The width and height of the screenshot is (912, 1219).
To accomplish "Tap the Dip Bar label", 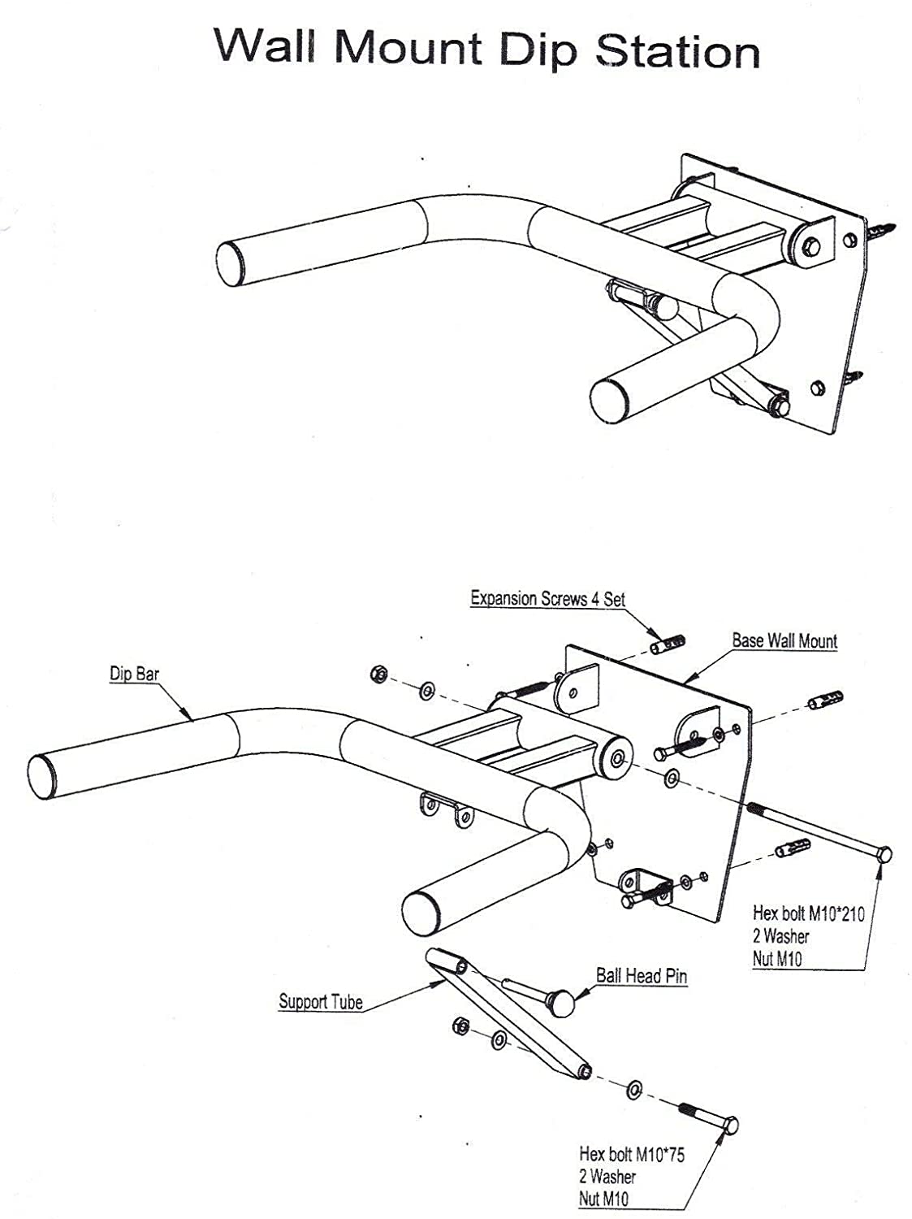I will [134, 674].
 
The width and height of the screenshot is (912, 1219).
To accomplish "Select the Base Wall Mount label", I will [784, 640].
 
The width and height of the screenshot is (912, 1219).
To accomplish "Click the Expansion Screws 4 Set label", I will [547, 599].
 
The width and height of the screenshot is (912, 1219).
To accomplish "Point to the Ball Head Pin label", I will [641, 975].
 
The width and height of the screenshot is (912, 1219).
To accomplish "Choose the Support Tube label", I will [320, 1001].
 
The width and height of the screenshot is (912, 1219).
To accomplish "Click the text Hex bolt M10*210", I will [808, 913].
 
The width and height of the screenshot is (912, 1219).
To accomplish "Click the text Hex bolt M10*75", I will [631, 1154].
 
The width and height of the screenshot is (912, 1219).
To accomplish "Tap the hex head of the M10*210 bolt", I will [884, 854].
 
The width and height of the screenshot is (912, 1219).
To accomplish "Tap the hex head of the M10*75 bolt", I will [729, 1126].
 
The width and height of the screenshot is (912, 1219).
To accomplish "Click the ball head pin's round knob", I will [560, 1004].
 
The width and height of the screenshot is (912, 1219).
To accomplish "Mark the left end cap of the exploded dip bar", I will [42, 777].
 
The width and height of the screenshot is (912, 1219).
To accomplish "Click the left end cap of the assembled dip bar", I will [230, 261].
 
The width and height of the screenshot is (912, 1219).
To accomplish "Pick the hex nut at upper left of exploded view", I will [378, 674].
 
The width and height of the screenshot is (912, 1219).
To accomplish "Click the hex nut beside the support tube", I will [459, 1027].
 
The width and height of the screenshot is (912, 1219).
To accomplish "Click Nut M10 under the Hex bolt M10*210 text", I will [776, 959].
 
